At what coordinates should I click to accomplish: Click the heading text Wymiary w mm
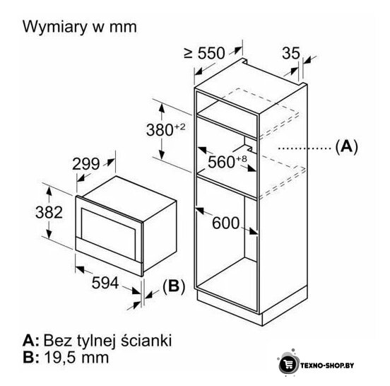(x=80, y=27)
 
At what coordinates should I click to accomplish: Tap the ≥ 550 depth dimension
(x=204, y=53)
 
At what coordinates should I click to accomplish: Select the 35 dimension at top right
(x=291, y=53)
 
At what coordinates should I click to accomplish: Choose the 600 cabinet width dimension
(x=225, y=223)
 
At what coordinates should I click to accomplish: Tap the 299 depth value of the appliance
(x=85, y=164)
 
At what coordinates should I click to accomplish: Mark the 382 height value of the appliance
(x=49, y=212)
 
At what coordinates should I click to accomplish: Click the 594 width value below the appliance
(x=105, y=283)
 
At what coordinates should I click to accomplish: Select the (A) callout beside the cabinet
(x=346, y=146)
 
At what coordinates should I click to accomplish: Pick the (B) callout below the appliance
(x=174, y=286)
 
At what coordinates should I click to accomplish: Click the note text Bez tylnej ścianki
(x=107, y=340)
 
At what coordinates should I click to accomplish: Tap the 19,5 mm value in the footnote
(x=76, y=358)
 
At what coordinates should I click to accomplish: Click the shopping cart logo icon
(x=288, y=365)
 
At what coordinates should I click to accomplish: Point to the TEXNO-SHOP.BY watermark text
(x=327, y=365)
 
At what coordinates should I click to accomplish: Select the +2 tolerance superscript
(x=179, y=127)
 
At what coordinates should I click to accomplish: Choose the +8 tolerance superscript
(x=241, y=159)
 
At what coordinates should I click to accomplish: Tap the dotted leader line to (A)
(x=305, y=148)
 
